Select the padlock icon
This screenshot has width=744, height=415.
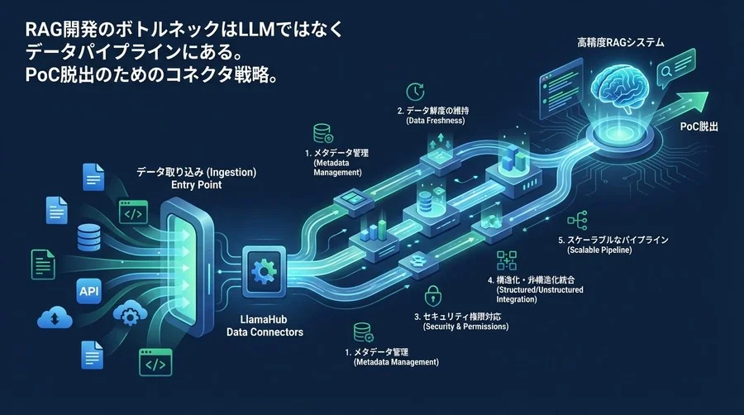pyautogui.click(x=431, y=295)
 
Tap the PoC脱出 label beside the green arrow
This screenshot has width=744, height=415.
pyautogui.click(x=699, y=127)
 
